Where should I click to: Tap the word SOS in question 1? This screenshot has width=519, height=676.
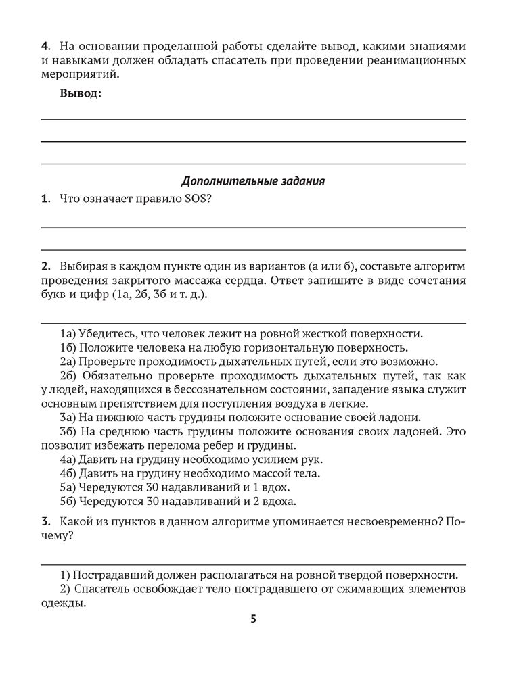[191, 199]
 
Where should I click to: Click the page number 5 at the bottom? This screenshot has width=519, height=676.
[253, 619]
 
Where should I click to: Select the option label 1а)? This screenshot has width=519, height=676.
[68, 334]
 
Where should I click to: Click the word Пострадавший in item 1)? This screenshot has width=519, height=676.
[108, 575]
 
